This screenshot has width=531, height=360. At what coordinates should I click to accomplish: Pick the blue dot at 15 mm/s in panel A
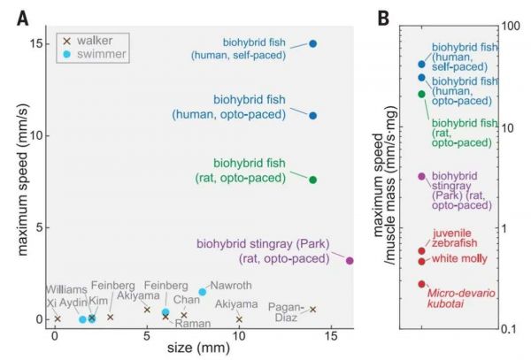click(313, 43)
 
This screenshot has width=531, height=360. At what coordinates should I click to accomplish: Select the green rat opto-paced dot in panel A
click(313, 180)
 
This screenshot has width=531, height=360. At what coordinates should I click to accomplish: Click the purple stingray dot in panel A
click(350, 260)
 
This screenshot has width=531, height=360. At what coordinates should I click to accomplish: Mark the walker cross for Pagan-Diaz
click(312, 310)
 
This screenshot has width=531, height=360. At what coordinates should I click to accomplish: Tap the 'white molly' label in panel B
click(458, 260)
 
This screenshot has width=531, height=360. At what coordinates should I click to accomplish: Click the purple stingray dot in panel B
click(421, 176)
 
